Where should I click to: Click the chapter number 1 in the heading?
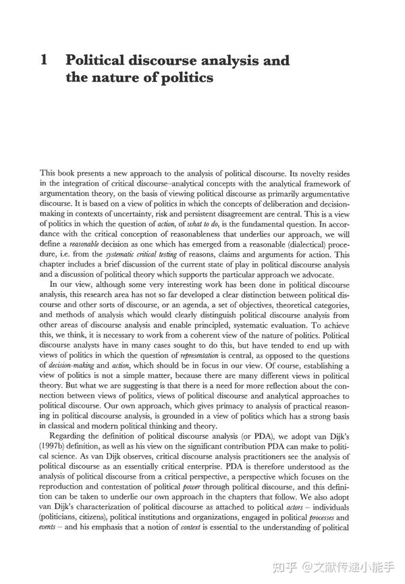pyautogui.click(x=44, y=61)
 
